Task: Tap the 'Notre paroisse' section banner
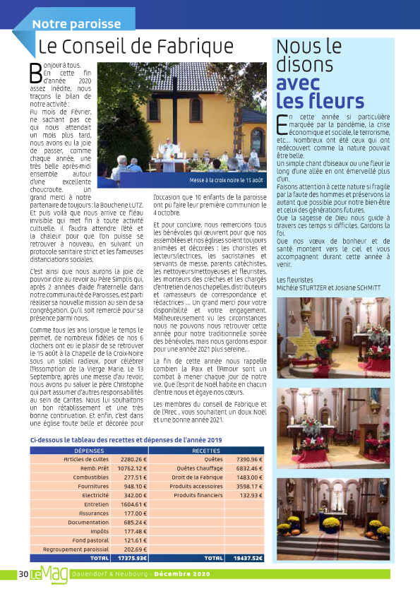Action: (x=77, y=23)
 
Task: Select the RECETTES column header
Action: (x=205, y=450)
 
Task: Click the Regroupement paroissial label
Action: (x=79, y=549)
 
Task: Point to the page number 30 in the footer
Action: (x=23, y=575)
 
